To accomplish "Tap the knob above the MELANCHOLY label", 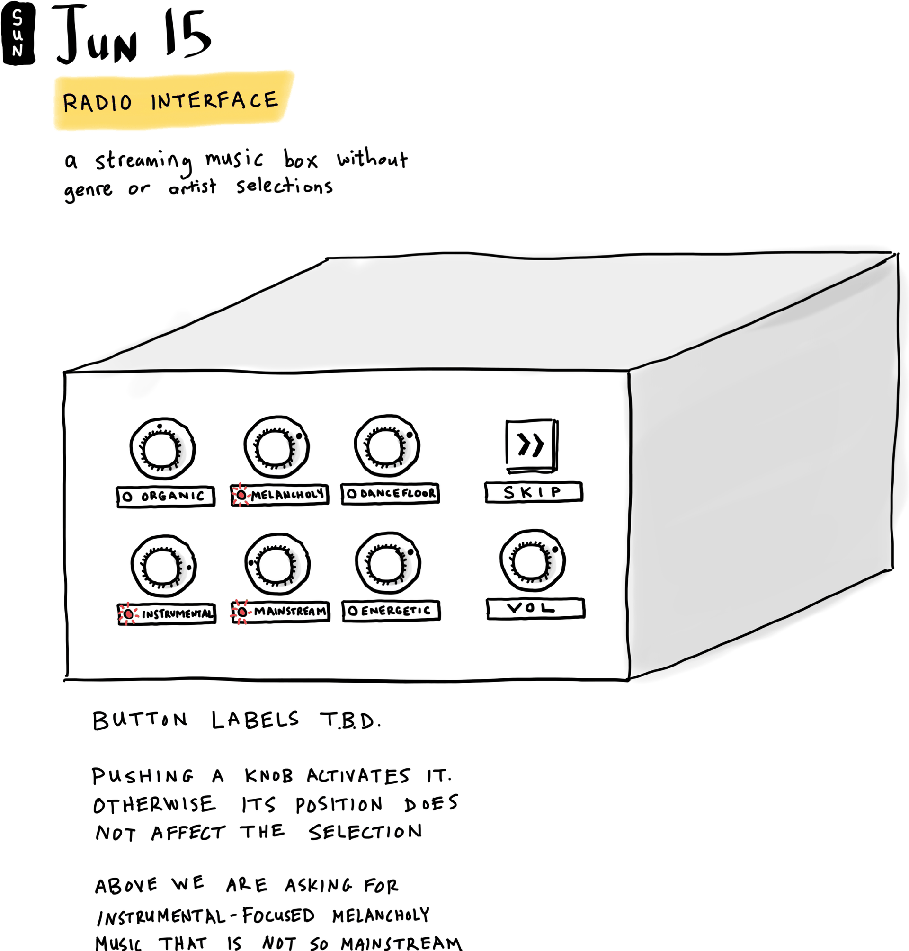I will pos(276,447).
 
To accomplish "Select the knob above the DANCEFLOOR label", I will pos(387,446).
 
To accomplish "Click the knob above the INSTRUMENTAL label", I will pos(163,566).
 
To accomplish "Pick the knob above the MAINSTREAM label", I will pos(277,564).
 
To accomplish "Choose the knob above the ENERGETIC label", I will pos(388,563).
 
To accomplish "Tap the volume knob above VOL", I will pos(533,560).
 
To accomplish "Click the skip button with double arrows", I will pos(531,445).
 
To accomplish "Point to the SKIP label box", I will pos(534,492).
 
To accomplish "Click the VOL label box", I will pos(535,608).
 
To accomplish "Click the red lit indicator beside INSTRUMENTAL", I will pos(128,614).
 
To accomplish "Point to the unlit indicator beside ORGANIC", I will pos(127,497).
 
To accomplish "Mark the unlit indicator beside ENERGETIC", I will pos(353,611).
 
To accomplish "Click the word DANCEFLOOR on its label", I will pos(397,494).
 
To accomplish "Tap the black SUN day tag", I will pos(18,33).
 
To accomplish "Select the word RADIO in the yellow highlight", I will pos(97,102).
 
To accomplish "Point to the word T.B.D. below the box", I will pos(349,720).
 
